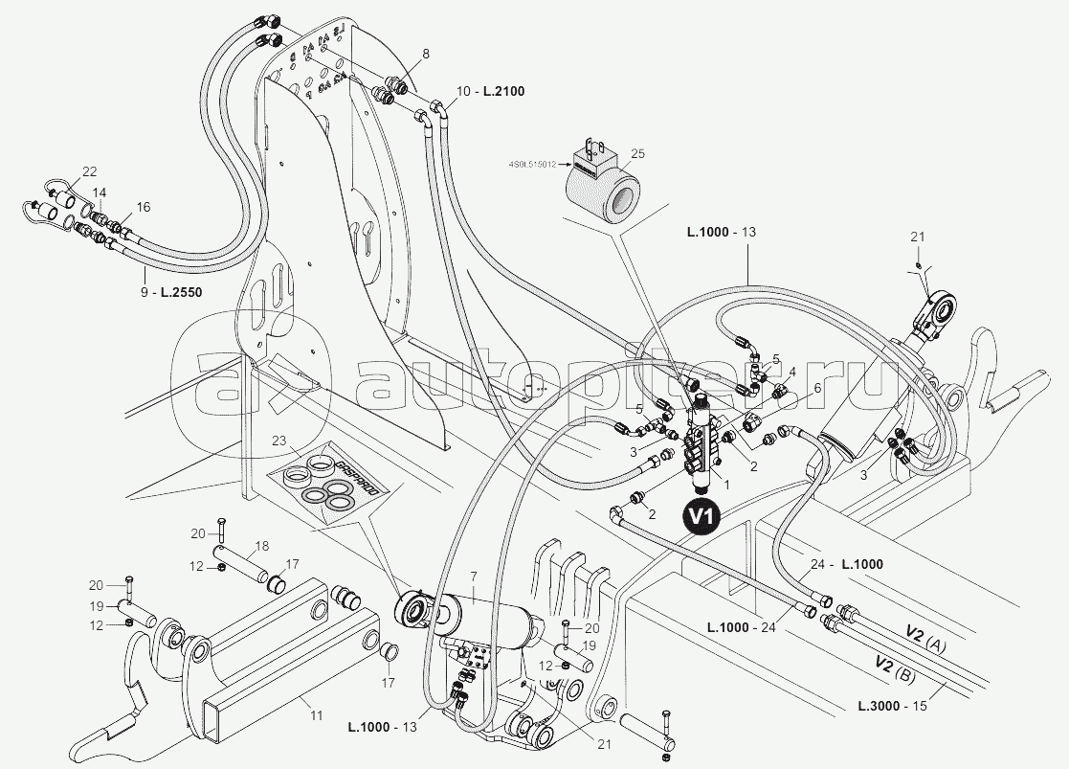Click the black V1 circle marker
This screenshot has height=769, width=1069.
(x=701, y=515)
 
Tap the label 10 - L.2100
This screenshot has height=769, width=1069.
(x=491, y=91)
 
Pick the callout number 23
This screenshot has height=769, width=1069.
(x=279, y=441)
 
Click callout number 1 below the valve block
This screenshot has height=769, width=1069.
(x=726, y=485)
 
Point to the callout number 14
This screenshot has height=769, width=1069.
(x=100, y=192)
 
